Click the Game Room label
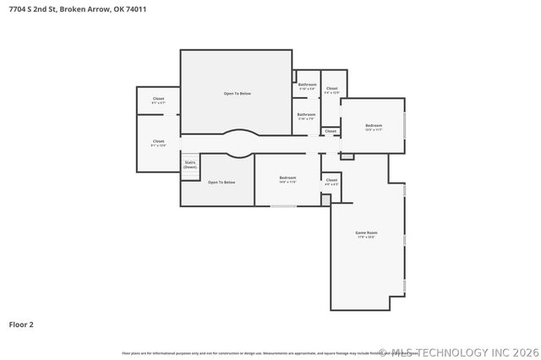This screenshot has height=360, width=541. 365,232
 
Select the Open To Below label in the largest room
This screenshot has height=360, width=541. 237,93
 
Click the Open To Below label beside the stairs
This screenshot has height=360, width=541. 221,183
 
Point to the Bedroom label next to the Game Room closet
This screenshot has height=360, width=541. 287,177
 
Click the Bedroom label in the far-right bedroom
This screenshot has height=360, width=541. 374,126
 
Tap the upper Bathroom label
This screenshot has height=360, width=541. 307,85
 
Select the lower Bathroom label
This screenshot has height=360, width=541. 306,114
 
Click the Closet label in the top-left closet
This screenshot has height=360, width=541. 158,99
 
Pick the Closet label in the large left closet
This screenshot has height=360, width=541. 158,141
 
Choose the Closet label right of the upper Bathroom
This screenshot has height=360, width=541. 331,89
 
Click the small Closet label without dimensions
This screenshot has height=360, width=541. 331,131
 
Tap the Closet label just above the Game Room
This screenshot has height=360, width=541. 331,179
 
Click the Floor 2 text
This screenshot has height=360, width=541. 21,324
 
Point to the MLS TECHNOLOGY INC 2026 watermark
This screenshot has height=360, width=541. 456,352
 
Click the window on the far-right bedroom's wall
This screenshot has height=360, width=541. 404,125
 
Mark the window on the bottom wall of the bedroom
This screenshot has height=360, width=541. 282,206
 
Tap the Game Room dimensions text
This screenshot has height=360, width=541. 365,237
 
